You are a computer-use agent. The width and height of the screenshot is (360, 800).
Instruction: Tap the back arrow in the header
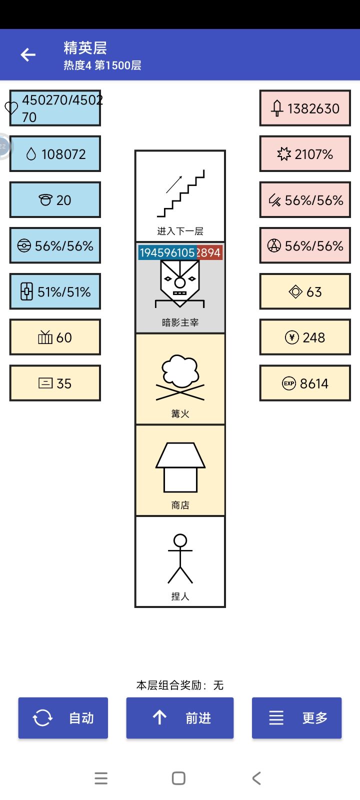tap(28, 54)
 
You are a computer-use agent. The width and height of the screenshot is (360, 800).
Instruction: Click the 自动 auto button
tap(63, 718)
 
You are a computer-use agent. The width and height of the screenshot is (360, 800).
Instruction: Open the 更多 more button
tap(297, 718)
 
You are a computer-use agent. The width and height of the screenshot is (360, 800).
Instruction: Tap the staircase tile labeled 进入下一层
tap(180, 196)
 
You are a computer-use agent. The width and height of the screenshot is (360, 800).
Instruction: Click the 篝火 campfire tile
tap(180, 379)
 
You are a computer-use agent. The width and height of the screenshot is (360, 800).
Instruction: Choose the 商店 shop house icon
tap(180, 467)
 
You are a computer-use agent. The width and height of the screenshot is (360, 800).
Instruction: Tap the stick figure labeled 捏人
tap(180, 558)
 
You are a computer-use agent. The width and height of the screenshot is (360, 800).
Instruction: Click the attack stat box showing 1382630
tap(305, 108)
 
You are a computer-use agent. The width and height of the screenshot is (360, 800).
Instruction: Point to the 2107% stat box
tap(305, 154)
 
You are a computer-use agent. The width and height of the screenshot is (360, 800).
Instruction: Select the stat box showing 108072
tap(55, 154)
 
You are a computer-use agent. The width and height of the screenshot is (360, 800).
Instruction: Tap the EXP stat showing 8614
tap(305, 383)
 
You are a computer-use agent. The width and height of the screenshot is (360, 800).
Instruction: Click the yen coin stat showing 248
tap(305, 337)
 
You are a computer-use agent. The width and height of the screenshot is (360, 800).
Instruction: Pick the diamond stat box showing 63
tap(305, 291)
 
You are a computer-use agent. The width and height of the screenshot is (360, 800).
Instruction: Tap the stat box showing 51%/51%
tap(55, 291)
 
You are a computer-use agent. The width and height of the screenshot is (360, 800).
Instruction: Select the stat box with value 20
tap(55, 200)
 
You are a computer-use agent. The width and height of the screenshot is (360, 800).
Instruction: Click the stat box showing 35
tap(55, 383)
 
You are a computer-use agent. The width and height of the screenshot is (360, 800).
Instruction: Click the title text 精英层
tap(85, 48)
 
